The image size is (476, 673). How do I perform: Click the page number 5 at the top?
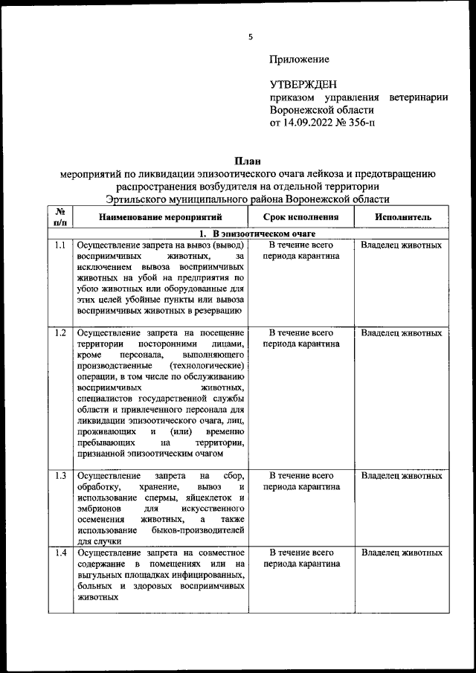pyautogui.click(x=251, y=36)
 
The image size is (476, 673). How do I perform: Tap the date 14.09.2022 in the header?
pyautogui.click(x=310, y=123)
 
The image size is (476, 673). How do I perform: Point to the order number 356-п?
pyautogui.click(x=360, y=123)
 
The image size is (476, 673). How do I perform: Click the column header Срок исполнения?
pyautogui.click(x=301, y=217)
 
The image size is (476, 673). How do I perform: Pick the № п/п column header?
pyautogui.click(x=61, y=216)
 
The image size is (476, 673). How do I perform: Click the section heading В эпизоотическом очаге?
pyautogui.click(x=246, y=234)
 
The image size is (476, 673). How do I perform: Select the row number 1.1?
pyautogui.click(x=61, y=245)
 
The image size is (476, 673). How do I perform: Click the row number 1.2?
pyautogui.click(x=61, y=332)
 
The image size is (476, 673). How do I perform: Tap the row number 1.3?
pyautogui.click(x=61, y=475)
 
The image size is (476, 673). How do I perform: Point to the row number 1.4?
pyautogui.click(x=61, y=553)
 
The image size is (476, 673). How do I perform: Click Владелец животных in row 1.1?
pyautogui.click(x=402, y=245)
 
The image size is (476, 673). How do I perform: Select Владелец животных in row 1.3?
pyautogui.click(x=402, y=475)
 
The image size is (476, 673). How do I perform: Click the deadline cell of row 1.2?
pyautogui.click(x=301, y=338)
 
